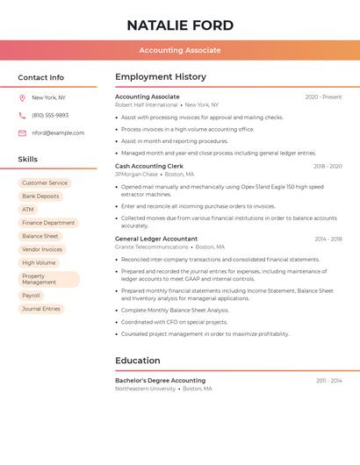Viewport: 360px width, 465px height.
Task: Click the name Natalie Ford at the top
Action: click(x=180, y=25)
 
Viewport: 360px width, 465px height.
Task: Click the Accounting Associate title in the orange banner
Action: click(x=180, y=50)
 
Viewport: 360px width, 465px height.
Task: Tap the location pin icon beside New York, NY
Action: click(x=22, y=97)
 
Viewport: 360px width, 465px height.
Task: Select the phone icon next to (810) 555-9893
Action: click(x=22, y=115)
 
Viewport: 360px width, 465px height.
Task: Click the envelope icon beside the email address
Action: click(x=22, y=133)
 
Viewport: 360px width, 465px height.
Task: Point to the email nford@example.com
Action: click(x=58, y=133)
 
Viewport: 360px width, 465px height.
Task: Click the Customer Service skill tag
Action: click(x=45, y=183)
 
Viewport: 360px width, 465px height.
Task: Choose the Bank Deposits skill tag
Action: click(x=40, y=197)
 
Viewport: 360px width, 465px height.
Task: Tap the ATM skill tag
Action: click(x=28, y=210)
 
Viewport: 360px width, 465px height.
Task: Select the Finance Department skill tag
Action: click(x=48, y=223)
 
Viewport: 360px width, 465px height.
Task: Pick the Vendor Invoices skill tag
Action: click(x=42, y=249)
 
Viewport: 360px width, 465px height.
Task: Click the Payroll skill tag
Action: click(x=32, y=296)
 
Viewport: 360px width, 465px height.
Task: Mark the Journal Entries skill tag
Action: click(x=41, y=309)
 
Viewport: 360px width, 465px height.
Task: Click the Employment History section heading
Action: click(x=161, y=77)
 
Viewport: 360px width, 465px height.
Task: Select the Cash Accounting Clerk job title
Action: click(x=149, y=166)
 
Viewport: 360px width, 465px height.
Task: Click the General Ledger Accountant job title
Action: click(x=156, y=239)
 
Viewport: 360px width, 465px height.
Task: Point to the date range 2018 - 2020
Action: click(x=328, y=166)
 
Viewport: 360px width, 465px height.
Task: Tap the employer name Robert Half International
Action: click(x=147, y=104)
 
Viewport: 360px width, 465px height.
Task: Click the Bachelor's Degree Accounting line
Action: click(x=161, y=381)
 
